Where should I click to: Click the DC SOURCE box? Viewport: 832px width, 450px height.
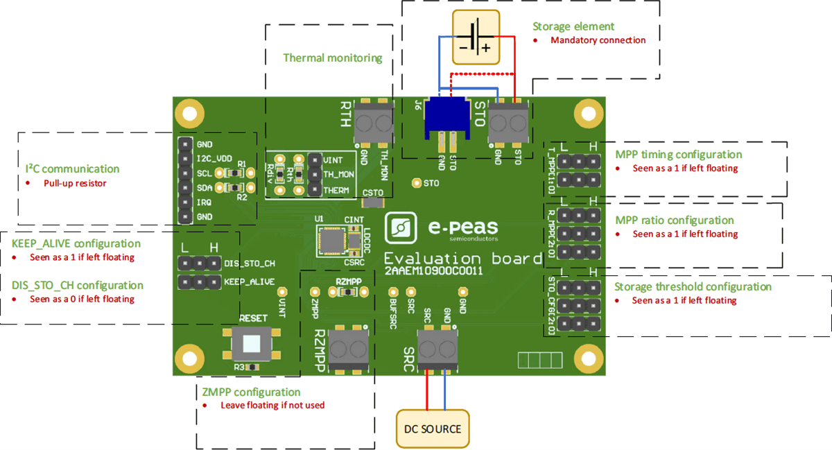pos(433,429)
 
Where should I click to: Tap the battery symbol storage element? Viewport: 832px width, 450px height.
pos(475,37)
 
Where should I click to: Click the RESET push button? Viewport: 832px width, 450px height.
pos(252,342)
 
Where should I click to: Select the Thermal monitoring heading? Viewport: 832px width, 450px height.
pos(332,58)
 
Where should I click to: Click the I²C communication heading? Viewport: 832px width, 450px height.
pos(72,168)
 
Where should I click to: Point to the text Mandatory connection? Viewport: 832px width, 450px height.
pos(598,40)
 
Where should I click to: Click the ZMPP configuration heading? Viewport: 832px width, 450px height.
pos(248,392)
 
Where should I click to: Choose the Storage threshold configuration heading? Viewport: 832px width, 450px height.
pos(693,286)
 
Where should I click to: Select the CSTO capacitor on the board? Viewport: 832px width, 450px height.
pos(373,202)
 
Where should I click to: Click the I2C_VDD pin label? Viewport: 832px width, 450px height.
pos(214,159)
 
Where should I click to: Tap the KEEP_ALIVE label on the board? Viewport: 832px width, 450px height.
pos(249,282)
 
